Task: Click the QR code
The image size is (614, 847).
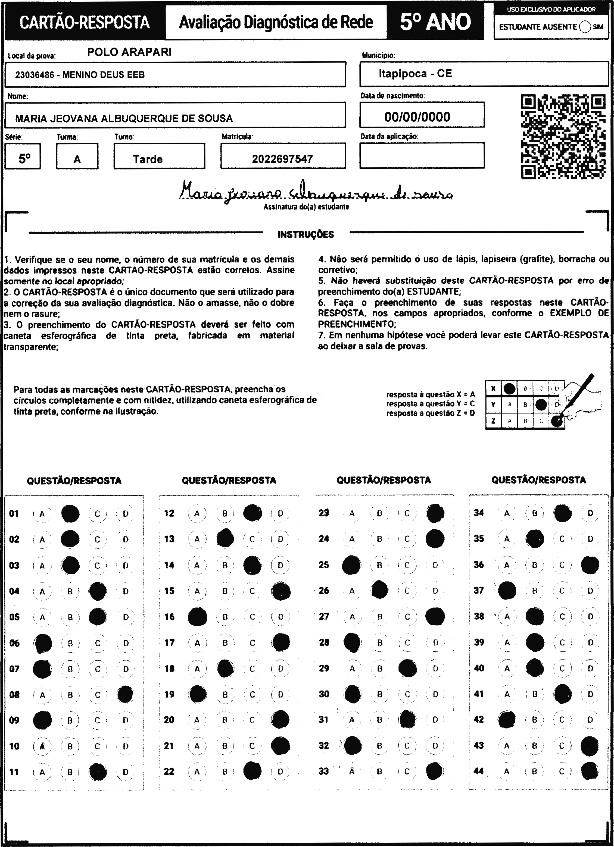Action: [563, 137]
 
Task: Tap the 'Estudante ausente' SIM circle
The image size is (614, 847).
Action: [585, 27]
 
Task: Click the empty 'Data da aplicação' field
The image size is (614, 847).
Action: [422, 155]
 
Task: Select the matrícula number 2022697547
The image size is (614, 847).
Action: [282, 159]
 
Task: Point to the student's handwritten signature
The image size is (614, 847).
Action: [316, 192]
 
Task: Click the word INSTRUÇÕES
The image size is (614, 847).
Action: [305, 234]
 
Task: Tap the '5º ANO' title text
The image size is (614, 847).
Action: [435, 22]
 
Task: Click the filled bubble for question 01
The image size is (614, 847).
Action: [70, 513]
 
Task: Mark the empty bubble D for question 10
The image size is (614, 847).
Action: [126, 746]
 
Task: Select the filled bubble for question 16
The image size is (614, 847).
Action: [197, 617]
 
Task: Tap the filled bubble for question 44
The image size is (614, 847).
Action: [590, 771]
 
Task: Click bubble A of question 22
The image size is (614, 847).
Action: [197, 771]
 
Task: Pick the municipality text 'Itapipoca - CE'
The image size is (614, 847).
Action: [415, 74]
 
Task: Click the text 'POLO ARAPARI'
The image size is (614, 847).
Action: [129, 52]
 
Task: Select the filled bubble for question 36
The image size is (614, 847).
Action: [590, 565]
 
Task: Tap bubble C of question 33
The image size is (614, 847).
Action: [407, 771]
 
